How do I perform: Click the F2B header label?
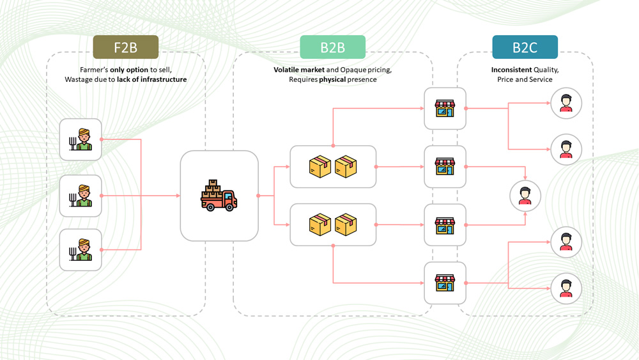point(125,47)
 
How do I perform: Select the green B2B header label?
point(332,47)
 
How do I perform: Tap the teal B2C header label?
point(525,47)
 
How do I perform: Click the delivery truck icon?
point(219,195)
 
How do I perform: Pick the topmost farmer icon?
point(81,139)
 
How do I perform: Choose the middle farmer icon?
point(81,196)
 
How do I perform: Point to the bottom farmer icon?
point(81,249)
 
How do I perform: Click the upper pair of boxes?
point(333,167)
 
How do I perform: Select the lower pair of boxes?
point(333,224)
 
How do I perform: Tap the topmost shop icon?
point(445,109)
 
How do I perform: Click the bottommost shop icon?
point(445,283)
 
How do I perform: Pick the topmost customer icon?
point(566,103)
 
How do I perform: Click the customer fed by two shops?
point(525,195)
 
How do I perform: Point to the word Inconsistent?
point(511,69)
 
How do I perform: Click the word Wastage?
point(80,79)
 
